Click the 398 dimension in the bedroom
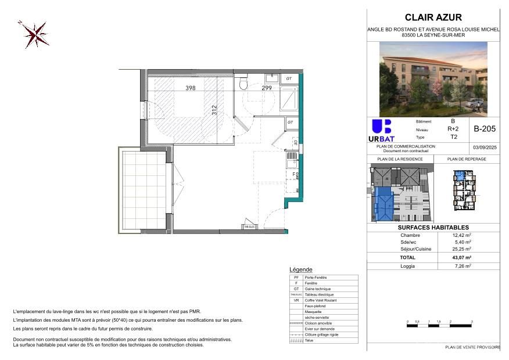coord(190,88)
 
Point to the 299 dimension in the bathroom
coord(266,88)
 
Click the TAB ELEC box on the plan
coord(250,227)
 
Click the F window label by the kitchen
coord(293,173)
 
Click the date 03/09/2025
coord(484,147)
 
